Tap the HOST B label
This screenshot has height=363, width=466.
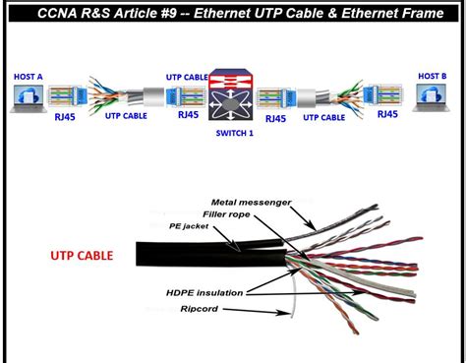click(x=433, y=76)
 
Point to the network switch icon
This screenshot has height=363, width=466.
click(x=233, y=99)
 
